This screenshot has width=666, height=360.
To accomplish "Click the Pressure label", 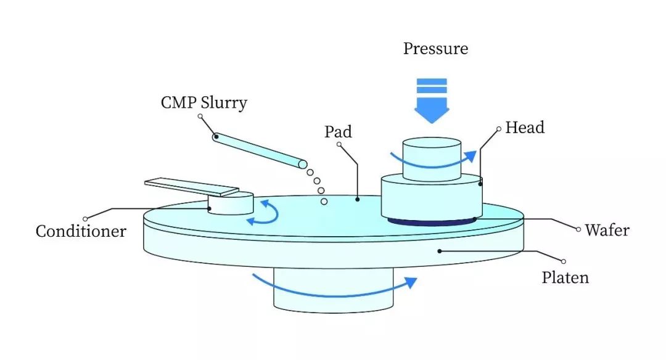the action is (x=435, y=49).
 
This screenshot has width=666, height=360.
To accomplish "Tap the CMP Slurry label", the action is (x=204, y=103).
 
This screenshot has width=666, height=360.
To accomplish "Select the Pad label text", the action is (x=338, y=131).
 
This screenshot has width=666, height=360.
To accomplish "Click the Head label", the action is (x=525, y=128).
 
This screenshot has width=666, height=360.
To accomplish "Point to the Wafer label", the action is (x=607, y=230).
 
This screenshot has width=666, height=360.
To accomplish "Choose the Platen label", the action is (x=565, y=277).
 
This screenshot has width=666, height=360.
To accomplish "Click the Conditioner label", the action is (x=81, y=231).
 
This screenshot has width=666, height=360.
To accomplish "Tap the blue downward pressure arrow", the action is (x=432, y=101).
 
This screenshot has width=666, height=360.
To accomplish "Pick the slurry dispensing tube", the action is (x=260, y=150).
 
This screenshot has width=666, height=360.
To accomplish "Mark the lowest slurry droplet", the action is (x=324, y=202).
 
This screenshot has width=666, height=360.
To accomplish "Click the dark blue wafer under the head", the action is (x=431, y=221).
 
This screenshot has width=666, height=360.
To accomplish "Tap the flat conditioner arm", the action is (x=192, y=186).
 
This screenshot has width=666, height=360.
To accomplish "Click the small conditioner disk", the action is (x=231, y=203).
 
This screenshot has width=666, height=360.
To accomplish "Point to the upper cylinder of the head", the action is (x=432, y=159).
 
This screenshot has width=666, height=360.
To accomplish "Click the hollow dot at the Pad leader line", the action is (x=339, y=144).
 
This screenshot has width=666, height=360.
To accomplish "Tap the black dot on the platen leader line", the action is (x=440, y=252).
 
